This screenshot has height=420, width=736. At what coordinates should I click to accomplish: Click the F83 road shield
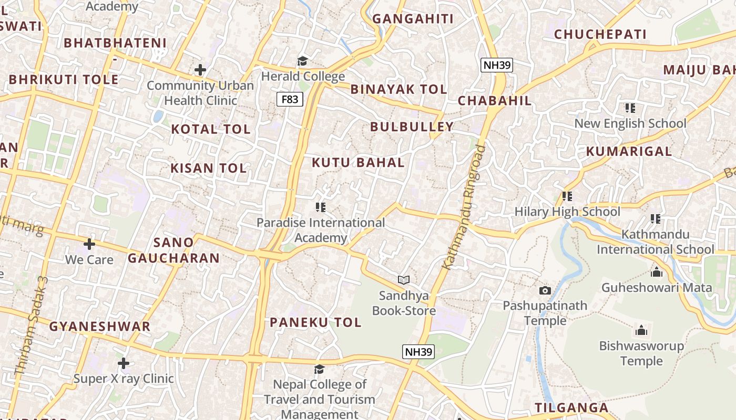coord(290,99)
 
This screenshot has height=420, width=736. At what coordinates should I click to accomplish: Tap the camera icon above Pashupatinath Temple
coord(545,290)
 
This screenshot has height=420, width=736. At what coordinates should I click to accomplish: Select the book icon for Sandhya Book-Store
coord(403,280)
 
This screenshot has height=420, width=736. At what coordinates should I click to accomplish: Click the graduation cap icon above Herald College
coord(302,61)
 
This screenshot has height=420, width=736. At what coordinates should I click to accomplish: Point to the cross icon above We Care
coord(89,244)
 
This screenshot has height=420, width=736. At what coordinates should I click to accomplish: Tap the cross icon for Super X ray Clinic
coord(124,363)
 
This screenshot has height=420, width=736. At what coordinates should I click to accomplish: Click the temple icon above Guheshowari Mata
coord(656,272)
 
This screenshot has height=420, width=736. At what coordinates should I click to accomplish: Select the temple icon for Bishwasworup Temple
coord(641,331)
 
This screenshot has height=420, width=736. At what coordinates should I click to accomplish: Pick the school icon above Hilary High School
coord(567,196)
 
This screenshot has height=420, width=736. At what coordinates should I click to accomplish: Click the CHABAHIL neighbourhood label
coord(495,101)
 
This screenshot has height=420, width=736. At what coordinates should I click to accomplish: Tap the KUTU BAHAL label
coord(358,163)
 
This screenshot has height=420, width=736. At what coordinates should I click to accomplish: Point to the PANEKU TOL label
coord(315,322)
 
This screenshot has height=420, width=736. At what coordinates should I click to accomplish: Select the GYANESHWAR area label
coord(100,327)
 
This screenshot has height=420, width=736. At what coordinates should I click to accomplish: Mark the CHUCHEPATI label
coord(600,35)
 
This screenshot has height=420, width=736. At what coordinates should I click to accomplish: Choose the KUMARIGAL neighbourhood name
coord(629,152)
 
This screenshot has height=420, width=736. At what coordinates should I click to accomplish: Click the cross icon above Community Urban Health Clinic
coord(200,70)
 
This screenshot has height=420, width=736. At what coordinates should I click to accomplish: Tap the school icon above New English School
coord(630,108)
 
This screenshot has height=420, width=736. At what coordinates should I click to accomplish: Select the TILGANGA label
coord(571,408)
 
